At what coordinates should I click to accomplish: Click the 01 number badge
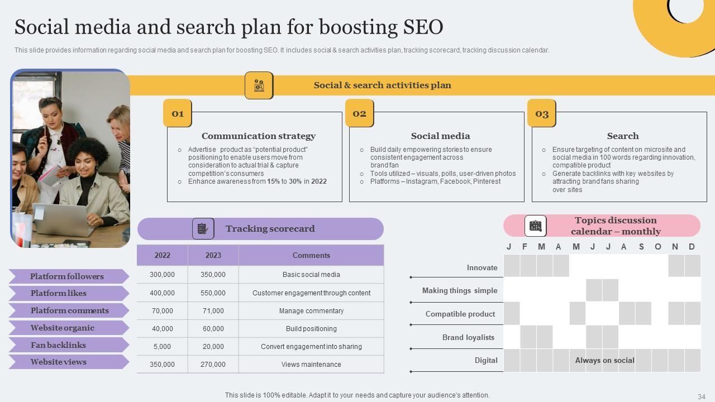click(178, 113)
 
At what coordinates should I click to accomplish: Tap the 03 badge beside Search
click(542, 113)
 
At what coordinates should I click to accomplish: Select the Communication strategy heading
click(259, 136)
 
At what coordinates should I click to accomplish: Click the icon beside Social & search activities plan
click(259, 85)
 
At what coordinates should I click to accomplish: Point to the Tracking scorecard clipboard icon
click(203, 229)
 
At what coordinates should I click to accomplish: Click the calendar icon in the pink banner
click(535, 226)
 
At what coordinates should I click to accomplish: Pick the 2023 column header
click(213, 255)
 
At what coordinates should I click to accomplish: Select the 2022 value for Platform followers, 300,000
click(162, 275)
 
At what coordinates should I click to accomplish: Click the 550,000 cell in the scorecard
click(213, 293)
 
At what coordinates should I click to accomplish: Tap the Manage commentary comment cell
click(311, 310)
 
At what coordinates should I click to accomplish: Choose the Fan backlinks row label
click(58, 345)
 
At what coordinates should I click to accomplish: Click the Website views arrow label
click(58, 362)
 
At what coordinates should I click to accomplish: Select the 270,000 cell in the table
click(213, 364)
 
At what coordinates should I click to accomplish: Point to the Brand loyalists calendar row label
click(468, 337)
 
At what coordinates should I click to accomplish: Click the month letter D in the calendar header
click(692, 247)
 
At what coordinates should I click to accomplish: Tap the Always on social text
click(604, 360)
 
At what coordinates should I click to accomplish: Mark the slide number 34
click(701, 396)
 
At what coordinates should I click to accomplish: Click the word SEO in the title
click(423, 27)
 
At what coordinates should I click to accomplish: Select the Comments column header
click(311, 255)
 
